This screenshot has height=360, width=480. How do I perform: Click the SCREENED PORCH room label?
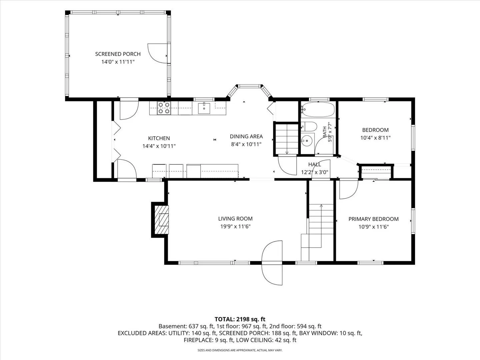(x=118, y=54)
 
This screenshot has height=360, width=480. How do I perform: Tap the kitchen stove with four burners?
(x=164, y=108)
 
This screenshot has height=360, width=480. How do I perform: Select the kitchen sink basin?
(x=204, y=108)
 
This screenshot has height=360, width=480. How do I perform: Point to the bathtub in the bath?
(x=318, y=110)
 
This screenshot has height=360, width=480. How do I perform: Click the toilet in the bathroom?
(x=309, y=126)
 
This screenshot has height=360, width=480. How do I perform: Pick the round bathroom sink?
(x=307, y=140)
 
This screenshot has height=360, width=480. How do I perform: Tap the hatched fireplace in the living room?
(x=162, y=219)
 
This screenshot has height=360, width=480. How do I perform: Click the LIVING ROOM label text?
(x=235, y=219)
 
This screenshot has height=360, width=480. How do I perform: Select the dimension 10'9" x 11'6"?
(x=374, y=227)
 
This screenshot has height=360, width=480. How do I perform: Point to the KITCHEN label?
(x=159, y=138)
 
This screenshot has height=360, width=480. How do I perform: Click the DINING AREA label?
(x=246, y=136)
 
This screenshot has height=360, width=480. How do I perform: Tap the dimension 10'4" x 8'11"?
(x=375, y=138)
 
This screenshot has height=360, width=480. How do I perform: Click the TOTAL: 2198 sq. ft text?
(x=240, y=319)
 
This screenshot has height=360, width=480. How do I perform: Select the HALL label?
(x=315, y=164)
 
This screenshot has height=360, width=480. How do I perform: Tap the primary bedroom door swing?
(x=349, y=189)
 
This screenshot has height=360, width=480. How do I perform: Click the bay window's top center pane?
(x=250, y=86)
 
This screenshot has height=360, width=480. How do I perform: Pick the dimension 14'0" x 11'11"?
(x=118, y=62)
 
